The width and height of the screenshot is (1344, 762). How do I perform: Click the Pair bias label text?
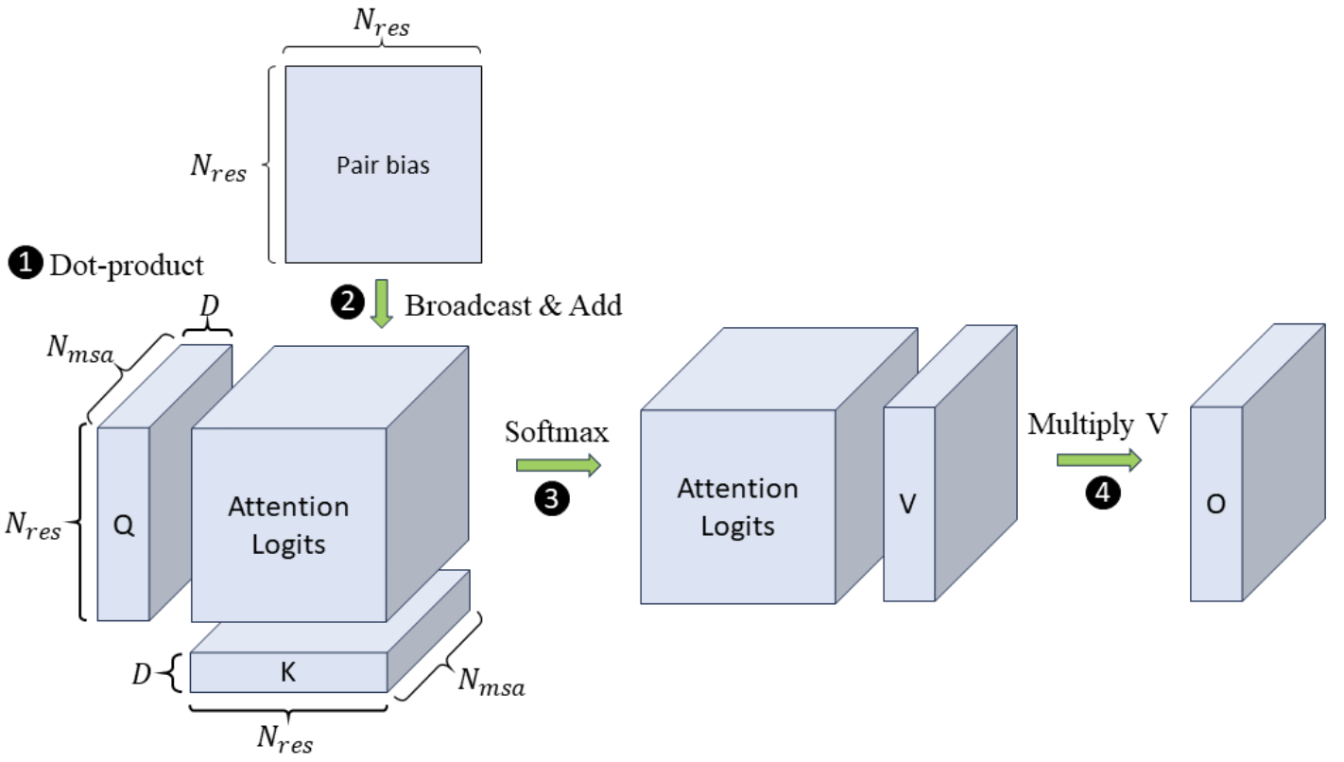click(x=383, y=165)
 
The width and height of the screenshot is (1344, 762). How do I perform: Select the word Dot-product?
click(x=127, y=265)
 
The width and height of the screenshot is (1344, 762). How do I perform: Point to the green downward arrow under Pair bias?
click(x=381, y=303)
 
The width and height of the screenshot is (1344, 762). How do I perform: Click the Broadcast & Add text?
click(x=513, y=304)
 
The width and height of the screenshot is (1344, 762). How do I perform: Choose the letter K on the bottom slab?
click(x=288, y=672)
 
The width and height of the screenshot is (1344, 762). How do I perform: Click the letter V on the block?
click(x=907, y=506)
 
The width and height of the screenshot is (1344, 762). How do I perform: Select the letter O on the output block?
click(x=1215, y=506)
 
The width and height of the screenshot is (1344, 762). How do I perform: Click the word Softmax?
click(x=558, y=432)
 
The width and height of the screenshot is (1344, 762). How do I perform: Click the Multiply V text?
click(x=1096, y=424)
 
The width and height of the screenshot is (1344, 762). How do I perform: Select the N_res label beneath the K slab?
click(x=286, y=737)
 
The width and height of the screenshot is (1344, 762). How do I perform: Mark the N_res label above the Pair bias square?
click(x=383, y=26)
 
